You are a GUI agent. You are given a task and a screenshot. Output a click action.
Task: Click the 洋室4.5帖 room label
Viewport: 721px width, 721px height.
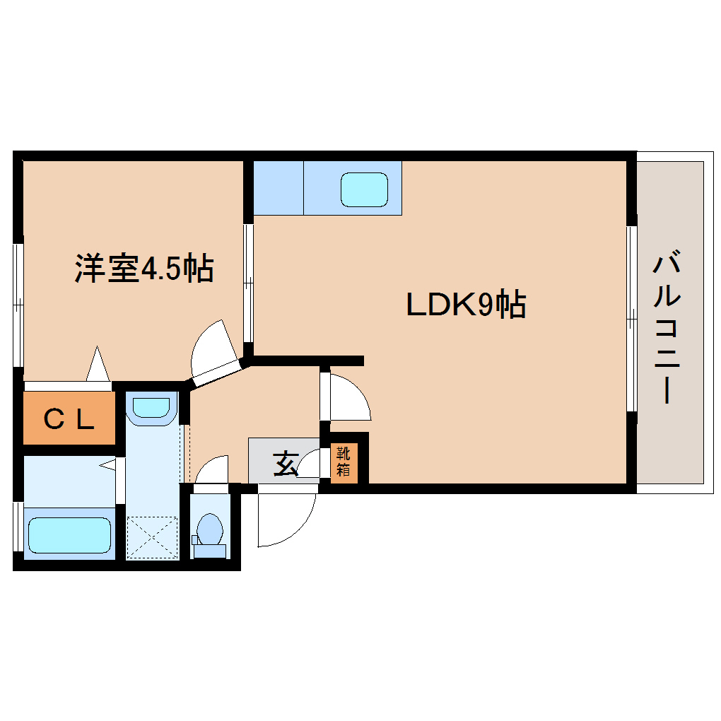coord(144,268)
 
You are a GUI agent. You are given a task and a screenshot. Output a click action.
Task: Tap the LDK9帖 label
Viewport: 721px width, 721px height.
coord(467,304)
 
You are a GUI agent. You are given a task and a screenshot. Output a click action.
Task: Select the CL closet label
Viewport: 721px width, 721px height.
coord(69,419)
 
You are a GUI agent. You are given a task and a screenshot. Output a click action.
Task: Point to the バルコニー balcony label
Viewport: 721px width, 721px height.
coord(667,327)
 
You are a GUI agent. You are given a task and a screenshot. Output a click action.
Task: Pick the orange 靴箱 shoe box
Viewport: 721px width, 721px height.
coord(344,463)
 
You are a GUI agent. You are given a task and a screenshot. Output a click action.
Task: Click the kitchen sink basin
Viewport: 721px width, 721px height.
coord(364,189)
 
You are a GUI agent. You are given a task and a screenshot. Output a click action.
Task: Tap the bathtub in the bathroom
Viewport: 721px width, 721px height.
coord(69,535)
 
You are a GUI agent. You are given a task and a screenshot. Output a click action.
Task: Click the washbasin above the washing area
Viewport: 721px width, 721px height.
coord(152,407)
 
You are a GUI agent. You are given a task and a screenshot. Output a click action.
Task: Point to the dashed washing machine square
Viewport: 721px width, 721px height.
coord(152,538)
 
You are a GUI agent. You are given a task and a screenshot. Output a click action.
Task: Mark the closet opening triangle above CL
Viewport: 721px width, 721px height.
coord(98,363)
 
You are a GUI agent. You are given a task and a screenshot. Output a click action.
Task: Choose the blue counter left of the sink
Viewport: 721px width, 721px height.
coord(279,187)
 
